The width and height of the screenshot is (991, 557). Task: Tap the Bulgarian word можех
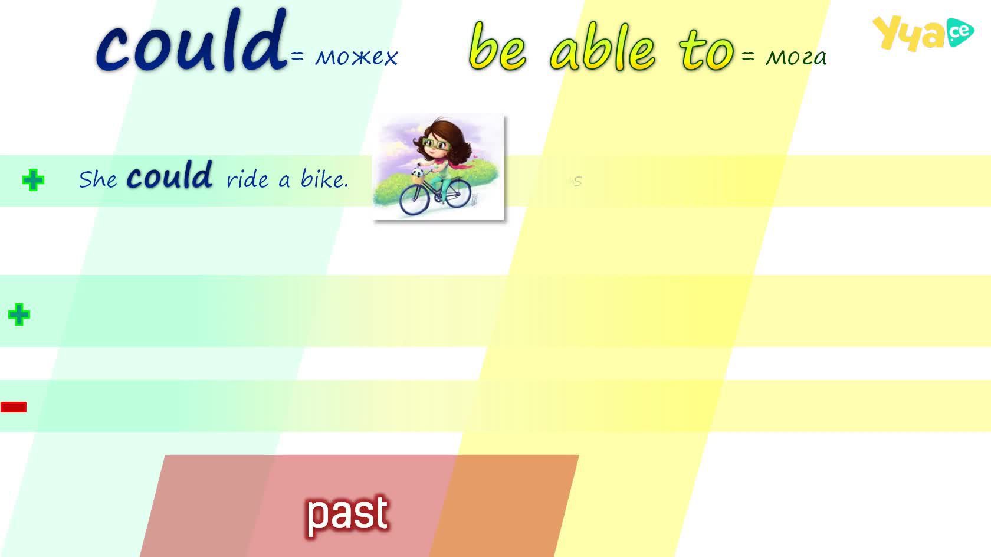point(356,57)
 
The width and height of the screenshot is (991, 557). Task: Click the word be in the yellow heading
point(498,47)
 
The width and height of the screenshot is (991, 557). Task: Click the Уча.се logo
point(923,32)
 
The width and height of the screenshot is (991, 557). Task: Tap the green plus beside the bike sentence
point(33,179)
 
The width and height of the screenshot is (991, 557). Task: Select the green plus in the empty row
point(19,314)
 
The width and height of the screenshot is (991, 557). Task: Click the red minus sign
point(13,407)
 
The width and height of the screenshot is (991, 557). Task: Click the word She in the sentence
point(98,179)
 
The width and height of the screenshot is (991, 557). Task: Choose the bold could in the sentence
point(169,176)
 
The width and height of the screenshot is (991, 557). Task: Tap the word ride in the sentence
point(247,179)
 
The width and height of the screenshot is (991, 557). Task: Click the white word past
point(348,515)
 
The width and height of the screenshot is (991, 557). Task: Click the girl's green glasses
point(436,143)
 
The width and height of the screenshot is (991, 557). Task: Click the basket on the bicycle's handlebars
point(417,178)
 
